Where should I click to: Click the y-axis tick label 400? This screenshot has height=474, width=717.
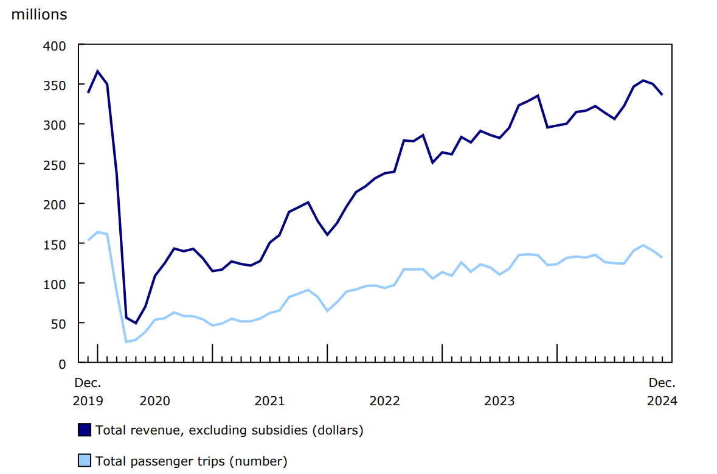pyautogui.click(x=55, y=45)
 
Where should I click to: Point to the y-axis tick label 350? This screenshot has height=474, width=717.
pyautogui.click(x=55, y=85)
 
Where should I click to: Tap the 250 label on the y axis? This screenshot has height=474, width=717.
pyautogui.click(x=55, y=164)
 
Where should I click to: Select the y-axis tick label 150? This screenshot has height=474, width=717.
pyautogui.click(x=55, y=244)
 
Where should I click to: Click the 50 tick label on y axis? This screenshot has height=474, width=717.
pyautogui.click(x=58, y=324)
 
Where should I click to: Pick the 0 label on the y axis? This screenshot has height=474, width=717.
pyautogui.click(x=62, y=363)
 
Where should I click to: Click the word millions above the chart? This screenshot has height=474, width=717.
pyautogui.click(x=39, y=15)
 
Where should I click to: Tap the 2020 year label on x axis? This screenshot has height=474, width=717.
pyautogui.click(x=154, y=401)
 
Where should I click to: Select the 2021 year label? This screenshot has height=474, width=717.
pyautogui.click(x=269, y=401)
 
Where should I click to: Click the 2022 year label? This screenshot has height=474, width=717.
pyautogui.click(x=384, y=401)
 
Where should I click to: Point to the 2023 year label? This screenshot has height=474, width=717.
pyautogui.click(x=499, y=401)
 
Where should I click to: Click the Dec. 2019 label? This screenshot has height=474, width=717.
pyautogui.click(x=88, y=392)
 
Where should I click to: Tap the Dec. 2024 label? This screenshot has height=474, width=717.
pyautogui.click(x=662, y=392)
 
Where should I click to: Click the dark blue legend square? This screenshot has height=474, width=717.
pyautogui.click(x=85, y=430)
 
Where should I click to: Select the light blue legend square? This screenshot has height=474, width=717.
pyautogui.click(x=85, y=461)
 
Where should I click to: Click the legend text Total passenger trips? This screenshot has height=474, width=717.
pyautogui.click(x=191, y=461)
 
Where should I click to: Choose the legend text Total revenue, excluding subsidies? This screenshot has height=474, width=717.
pyautogui.click(x=229, y=430)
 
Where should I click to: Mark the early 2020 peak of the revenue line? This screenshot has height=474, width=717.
pyautogui.click(x=97, y=71)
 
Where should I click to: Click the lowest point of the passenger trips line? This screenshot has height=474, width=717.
pyautogui.click(x=126, y=342)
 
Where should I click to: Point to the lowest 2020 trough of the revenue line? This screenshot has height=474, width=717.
pyautogui.click(x=136, y=323)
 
